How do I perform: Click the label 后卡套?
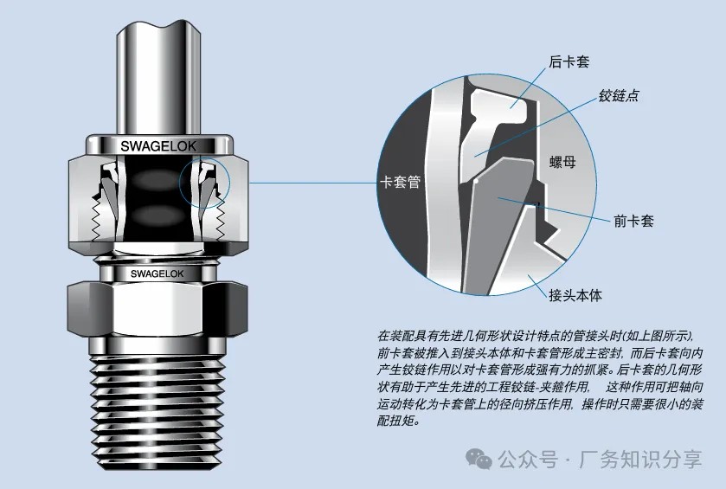[569, 62]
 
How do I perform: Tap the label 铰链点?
[619, 95]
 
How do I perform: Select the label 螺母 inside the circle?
[562, 162]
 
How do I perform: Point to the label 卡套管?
[400, 182]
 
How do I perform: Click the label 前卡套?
[633, 221]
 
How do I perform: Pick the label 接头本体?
[575, 295]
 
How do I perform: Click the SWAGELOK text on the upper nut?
[158, 146]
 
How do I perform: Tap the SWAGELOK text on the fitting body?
[157, 273]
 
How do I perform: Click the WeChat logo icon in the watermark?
[479, 459]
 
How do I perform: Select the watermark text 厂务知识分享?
[640, 460]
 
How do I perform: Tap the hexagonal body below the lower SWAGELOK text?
[157, 308]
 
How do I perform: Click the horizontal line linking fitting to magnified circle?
[313, 183]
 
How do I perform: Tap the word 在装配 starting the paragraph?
[395, 335]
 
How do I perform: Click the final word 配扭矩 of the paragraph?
[395, 421]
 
